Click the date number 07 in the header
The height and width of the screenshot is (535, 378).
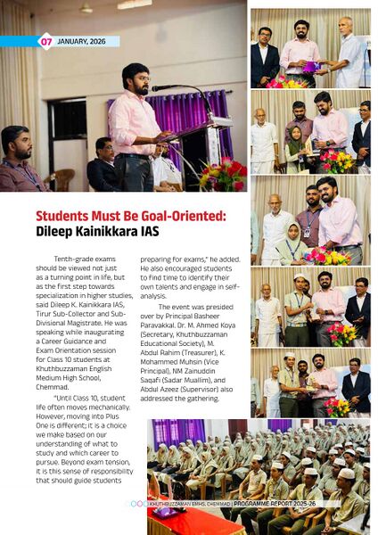45,41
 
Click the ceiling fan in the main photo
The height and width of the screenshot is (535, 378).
86,9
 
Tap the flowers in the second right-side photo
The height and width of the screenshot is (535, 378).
336,160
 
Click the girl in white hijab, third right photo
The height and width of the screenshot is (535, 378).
292,247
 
